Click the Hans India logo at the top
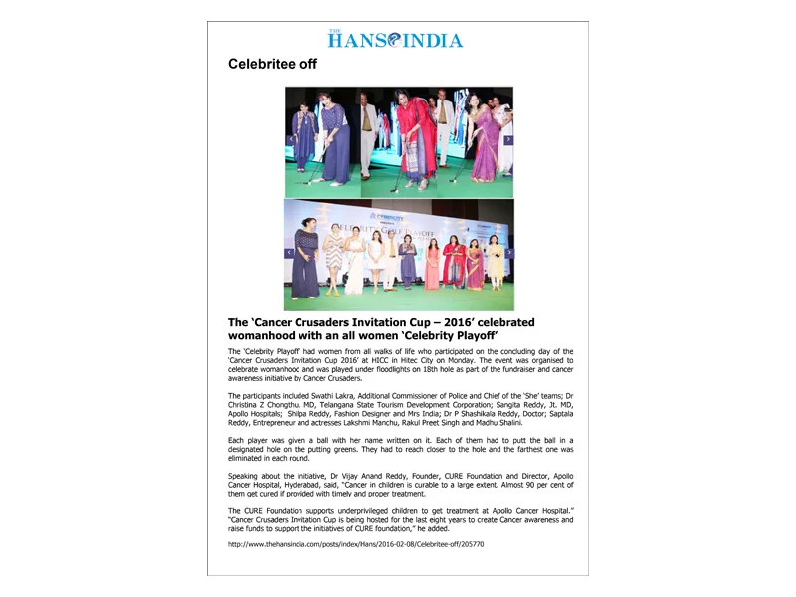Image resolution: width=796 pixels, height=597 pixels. [x=395, y=40]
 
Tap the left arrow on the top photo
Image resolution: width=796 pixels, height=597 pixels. [x=291, y=140]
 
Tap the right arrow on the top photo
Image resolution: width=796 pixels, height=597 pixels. [x=508, y=140]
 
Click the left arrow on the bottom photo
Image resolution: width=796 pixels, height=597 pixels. [x=290, y=253]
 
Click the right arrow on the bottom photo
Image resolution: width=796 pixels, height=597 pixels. [x=508, y=253]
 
